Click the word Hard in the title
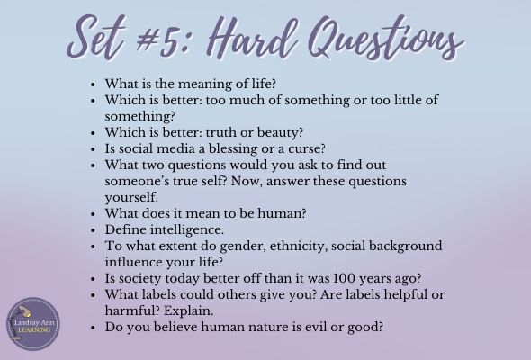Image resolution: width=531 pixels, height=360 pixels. [x=252, y=38]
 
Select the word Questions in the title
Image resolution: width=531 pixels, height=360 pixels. [x=386, y=38]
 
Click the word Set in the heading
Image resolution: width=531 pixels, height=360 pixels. [x=96, y=38]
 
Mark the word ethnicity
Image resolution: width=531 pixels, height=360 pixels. [x=299, y=247]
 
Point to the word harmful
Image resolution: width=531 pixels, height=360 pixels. [x=132, y=310]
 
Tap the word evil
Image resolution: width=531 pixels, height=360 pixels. [x=317, y=327]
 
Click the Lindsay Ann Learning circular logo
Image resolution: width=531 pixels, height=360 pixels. [x=33, y=324]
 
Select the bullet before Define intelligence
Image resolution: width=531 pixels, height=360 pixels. [x=94, y=230]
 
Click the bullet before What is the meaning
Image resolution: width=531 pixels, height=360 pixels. [x=94, y=85]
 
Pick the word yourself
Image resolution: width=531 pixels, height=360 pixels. [x=131, y=198]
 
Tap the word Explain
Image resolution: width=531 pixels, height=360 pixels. [x=189, y=311]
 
